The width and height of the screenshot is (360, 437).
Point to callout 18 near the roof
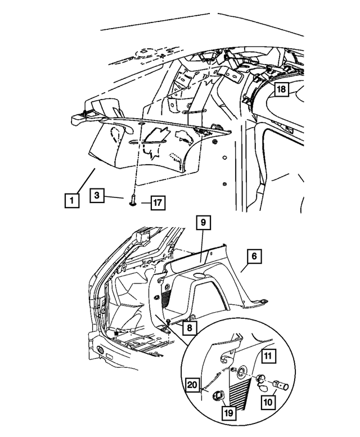[x=281, y=89]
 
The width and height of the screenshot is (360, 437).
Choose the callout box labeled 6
[x=253, y=256]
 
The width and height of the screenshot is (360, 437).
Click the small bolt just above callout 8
[x=169, y=319]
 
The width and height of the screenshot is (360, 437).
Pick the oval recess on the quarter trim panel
[x=201, y=275]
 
